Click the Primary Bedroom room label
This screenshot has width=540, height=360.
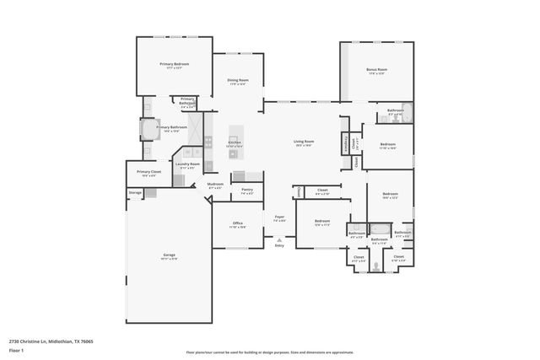[175, 65]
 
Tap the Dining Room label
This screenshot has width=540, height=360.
[237, 81]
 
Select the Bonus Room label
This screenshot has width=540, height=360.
[376, 70]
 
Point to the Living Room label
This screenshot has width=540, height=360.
[304, 141]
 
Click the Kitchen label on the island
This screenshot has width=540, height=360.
[235, 142]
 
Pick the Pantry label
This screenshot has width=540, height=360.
[247, 190]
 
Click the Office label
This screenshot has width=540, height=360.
[238, 223]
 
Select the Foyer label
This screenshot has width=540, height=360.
[279, 217]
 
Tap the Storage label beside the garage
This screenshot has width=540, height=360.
[135, 193]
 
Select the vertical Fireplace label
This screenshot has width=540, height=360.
[347, 144]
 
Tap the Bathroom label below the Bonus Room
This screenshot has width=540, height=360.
[395, 110]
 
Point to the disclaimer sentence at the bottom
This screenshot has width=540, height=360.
[270, 352]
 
